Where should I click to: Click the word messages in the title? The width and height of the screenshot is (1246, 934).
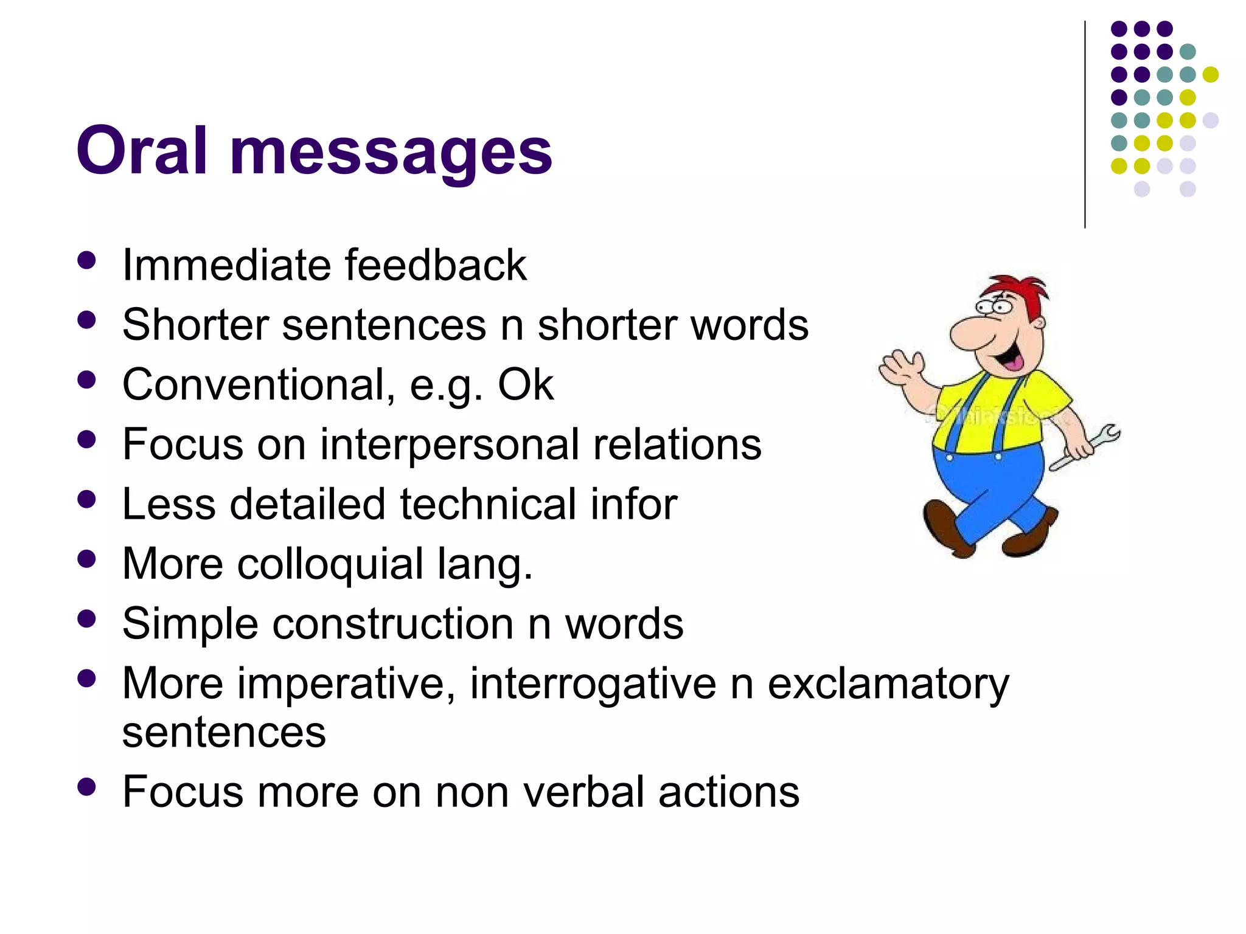click(x=391, y=152)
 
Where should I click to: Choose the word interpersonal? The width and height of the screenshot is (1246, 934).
click(x=449, y=444)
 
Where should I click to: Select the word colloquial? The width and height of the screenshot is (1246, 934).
click(x=330, y=564)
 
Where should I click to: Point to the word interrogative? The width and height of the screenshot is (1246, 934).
click(x=593, y=683)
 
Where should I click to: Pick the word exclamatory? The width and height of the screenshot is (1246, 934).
click(x=888, y=683)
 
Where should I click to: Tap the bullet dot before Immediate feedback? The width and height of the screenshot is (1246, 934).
click(x=87, y=261)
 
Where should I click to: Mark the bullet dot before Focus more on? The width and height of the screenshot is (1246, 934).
click(x=87, y=787)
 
